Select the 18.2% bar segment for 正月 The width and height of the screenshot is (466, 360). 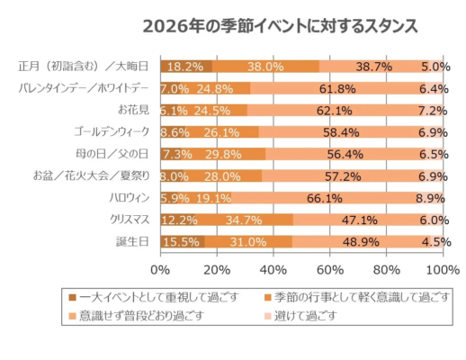(x=184, y=66)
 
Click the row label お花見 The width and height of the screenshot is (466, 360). (x=136, y=110)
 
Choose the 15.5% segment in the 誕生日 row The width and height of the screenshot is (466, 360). (x=182, y=241)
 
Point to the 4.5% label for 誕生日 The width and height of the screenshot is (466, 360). (x=430, y=241)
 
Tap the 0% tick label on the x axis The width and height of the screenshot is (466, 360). (x=160, y=269)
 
